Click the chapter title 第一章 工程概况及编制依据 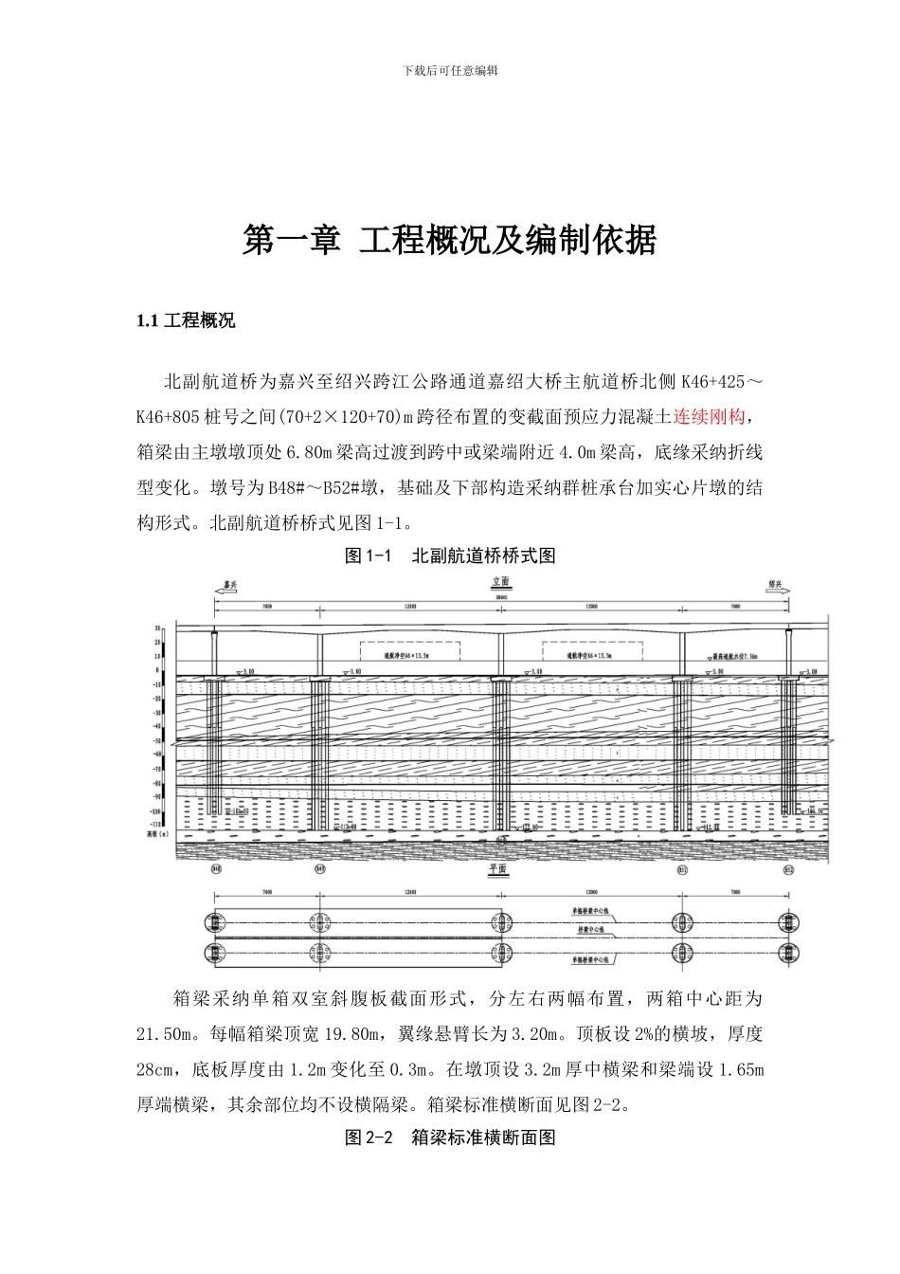click(449, 241)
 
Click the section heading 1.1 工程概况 click(186, 320)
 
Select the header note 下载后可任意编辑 click(450, 71)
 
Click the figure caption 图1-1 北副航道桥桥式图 click(449, 555)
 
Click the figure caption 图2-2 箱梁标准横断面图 click(449, 1137)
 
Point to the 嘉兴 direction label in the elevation click(227, 586)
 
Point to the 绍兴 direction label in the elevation click(775, 586)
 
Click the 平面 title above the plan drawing click(498, 868)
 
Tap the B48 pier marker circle click(216, 868)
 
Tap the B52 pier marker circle click(788, 868)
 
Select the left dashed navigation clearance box click(409, 651)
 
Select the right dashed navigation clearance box click(592, 651)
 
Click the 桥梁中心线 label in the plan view click(591, 932)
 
